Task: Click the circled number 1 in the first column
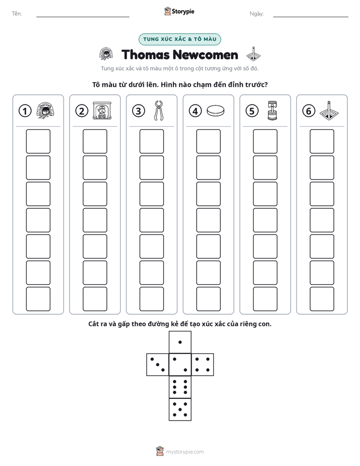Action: pos(25,111)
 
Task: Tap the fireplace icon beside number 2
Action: pos(102,110)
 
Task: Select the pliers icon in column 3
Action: pos(159,110)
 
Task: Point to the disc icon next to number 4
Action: pos(216,110)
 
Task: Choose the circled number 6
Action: pos(309,111)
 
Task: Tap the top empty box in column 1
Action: pos(38,141)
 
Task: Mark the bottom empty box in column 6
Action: pos(322,299)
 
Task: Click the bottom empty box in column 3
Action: pos(151,299)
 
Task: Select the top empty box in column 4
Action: pos(209,141)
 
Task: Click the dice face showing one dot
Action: pos(180,342)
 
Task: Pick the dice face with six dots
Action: pos(180,387)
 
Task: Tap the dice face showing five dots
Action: pos(180,410)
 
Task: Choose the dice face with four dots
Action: pos(203,365)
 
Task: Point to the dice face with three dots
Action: pos(157,365)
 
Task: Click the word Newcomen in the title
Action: pos(205,55)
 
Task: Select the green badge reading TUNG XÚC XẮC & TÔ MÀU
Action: pos(179,39)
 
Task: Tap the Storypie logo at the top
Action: pos(179,11)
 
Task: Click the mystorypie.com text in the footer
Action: pos(185,452)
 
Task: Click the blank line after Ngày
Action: pos(311,17)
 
